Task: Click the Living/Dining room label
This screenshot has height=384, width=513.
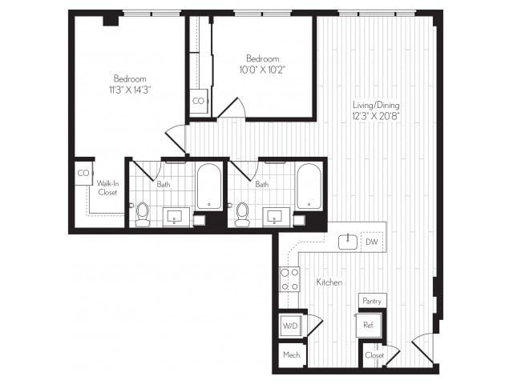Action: [376, 106]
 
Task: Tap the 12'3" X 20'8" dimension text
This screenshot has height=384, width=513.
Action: [376, 117]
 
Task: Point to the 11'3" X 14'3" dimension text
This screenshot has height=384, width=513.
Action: [129, 90]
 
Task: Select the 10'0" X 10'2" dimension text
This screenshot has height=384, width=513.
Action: [262, 70]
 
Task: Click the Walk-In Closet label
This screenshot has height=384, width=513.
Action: [107, 187]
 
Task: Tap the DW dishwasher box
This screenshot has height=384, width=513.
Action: [371, 241]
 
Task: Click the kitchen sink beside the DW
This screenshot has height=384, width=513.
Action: [348, 241]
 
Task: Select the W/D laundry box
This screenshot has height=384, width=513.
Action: [289, 325]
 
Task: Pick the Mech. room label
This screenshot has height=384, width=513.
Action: [289, 354]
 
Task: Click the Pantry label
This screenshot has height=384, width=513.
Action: [371, 301]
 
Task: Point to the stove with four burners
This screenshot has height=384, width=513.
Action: [289, 279]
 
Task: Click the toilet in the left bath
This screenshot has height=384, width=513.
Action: [143, 214]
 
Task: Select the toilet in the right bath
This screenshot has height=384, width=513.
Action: [242, 214]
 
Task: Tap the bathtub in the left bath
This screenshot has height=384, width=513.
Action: [209, 186]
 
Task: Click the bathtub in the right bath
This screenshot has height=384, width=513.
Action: [309, 186]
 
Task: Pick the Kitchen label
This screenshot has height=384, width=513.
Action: [329, 282]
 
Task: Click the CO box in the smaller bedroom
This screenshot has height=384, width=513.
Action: [198, 102]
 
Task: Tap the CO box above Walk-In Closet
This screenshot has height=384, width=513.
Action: [83, 173]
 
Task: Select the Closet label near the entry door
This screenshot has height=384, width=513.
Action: [374, 354]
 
